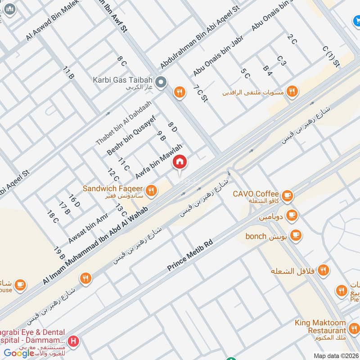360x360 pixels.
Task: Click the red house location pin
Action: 180,162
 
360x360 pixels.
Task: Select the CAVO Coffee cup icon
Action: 287,195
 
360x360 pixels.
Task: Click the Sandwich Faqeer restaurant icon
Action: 152,190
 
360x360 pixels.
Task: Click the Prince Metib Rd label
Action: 189,255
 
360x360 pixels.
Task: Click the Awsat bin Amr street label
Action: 88,228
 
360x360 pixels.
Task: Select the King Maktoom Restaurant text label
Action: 321,326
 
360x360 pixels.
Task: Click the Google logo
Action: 19,353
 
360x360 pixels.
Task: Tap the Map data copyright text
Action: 336,355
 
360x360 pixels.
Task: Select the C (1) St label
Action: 331,56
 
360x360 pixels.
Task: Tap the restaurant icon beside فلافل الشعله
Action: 323,270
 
